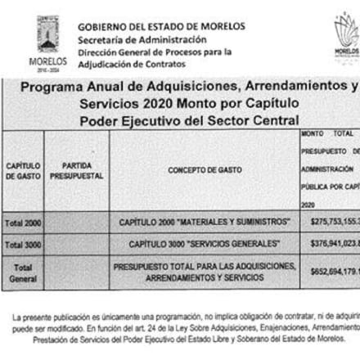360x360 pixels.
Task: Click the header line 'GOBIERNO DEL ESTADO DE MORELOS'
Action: (160, 26)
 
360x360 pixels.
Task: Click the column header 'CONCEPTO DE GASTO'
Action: (205, 170)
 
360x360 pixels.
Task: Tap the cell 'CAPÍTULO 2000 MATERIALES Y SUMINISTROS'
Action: (205, 223)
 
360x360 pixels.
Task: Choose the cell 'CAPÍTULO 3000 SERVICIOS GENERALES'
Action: (205, 245)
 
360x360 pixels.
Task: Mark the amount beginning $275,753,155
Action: (331, 223)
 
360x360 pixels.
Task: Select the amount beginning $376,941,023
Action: (331, 245)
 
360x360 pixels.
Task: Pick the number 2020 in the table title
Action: (164, 105)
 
